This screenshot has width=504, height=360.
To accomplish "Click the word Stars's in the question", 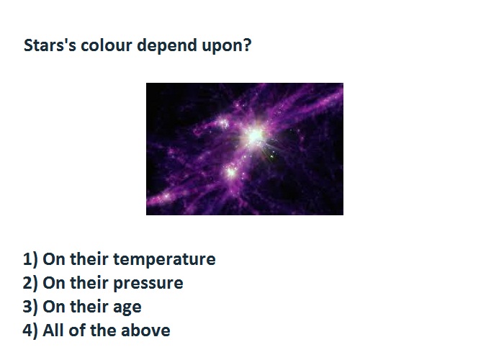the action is (x=50, y=45).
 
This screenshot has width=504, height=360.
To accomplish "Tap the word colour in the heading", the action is (x=107, y=45).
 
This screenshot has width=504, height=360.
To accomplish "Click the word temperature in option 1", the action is (x=164, y=260).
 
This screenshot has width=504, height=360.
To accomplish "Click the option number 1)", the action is (x=30, y=259).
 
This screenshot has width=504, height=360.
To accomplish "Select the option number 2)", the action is (x=30, y=283).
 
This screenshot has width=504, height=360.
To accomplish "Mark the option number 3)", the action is (x=30, y=307).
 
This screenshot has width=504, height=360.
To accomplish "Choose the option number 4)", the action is (x=30, y=330).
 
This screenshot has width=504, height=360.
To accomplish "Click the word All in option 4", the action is (x=53, y=330).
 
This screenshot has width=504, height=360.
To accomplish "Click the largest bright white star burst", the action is (x=255, y=136).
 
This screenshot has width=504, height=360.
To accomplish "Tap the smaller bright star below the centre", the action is (x=231, y=172).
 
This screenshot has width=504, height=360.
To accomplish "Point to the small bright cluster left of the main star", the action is (x=222, y=123).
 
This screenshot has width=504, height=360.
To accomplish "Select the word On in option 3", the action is (x=54, y=307).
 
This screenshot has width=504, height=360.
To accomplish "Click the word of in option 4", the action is (x=77, y=330).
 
